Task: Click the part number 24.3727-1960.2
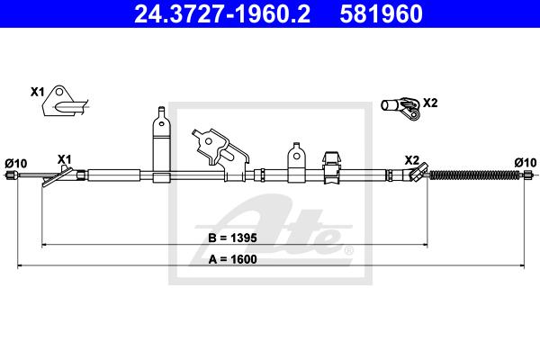click(x=222, y=13)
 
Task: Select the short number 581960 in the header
click(x=381, y=13)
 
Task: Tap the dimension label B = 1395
click(x=232, y=238)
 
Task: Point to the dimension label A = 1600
click(x=232, y=259)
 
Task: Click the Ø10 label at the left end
click(x=16, y=163)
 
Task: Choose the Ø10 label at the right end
click(x=526, y=162)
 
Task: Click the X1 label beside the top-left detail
click(x=38, y=92)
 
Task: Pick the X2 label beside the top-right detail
click(x=430, y=103)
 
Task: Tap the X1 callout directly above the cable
click(x=65, y=159)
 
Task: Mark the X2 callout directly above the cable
click(x=412, y=160)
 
